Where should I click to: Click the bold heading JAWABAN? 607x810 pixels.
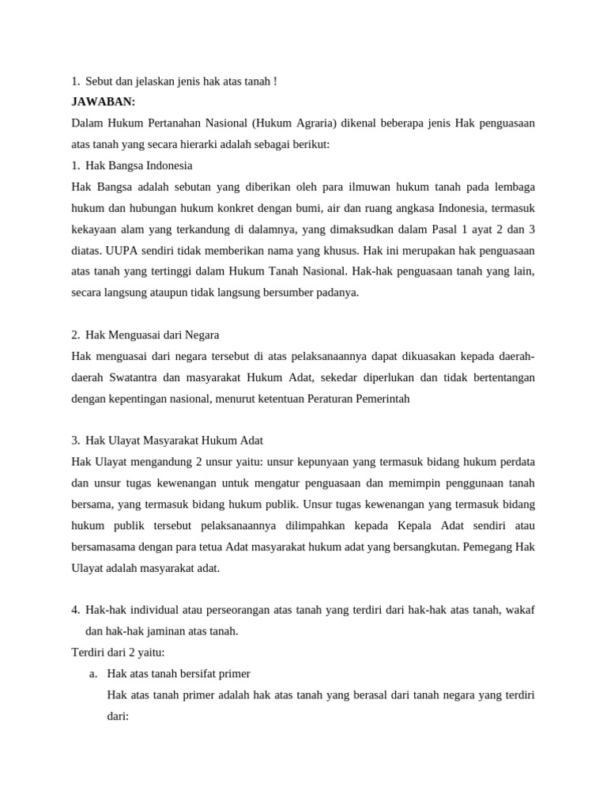click(104, 102)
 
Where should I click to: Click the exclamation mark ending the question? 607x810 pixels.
click(274, 81)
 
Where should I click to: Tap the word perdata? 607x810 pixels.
click(516, 463)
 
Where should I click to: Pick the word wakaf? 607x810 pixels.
click(519, 611)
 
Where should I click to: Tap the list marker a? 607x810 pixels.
click(93, 674)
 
